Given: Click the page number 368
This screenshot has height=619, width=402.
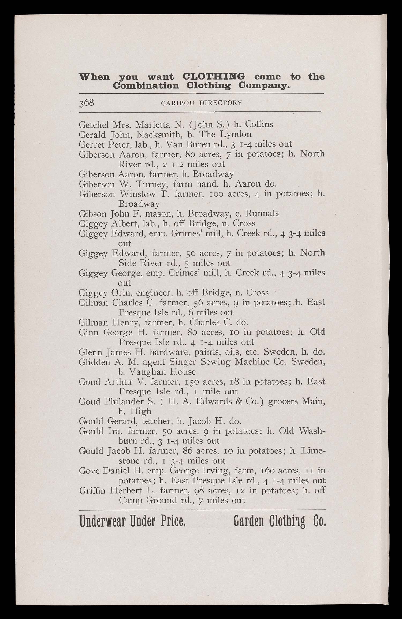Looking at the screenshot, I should [x=86, y=103].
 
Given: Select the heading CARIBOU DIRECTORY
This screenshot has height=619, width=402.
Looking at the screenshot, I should [x=202, y=103].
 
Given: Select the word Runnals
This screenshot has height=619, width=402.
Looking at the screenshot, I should [x=262, y=214].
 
